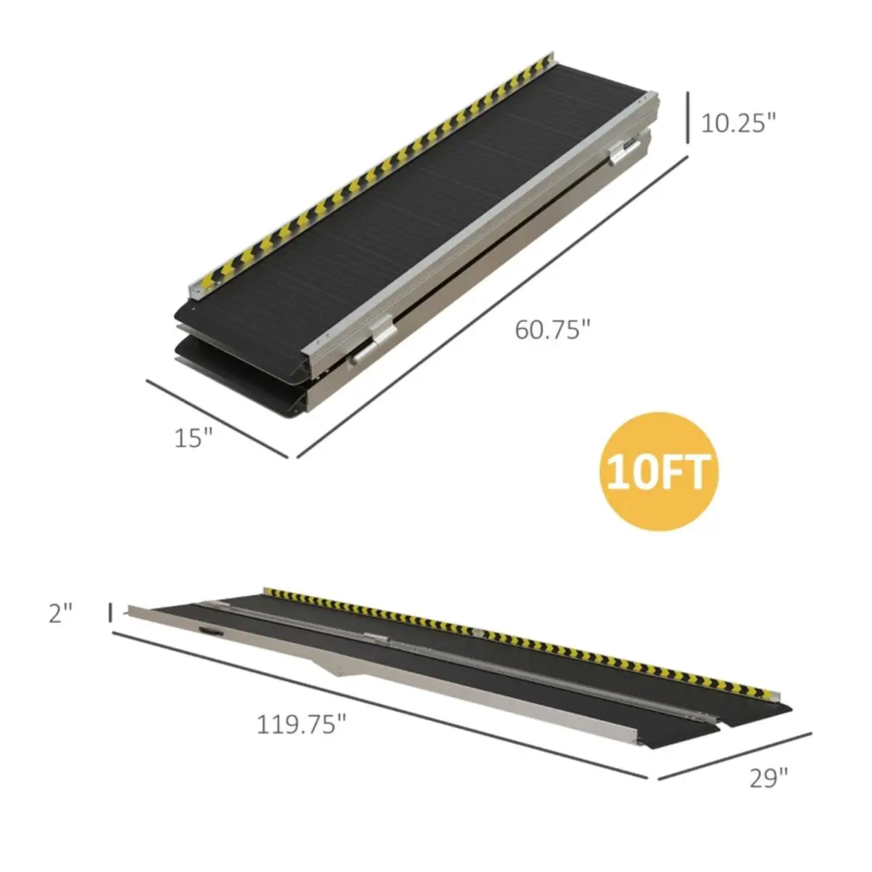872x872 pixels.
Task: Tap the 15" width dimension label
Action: coord(193,437)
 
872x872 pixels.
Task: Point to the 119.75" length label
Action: coord(302,724)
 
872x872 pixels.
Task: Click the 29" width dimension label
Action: coord(769,778)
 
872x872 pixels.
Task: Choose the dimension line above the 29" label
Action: coord(734,756)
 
